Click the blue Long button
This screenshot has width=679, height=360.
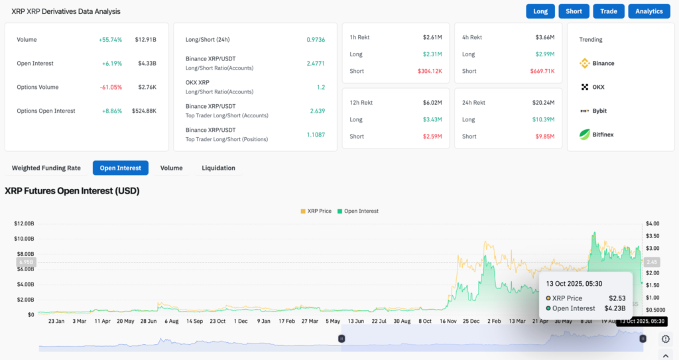pyautogui.click(x=540, y=11)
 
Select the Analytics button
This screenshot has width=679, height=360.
pyautogui.click(x=648, y=11)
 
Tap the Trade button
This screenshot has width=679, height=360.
pyautogui.click(x=609, y=11)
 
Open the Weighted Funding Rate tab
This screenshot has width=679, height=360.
pyautogui.click(x=46, y=168)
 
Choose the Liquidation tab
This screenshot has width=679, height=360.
pyautogui.click(x=218, y=168)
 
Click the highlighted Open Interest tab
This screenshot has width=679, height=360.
pyautogui.click(x=121, y=168)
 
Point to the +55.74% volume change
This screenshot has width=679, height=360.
pyautogui.click(x=110, y=40)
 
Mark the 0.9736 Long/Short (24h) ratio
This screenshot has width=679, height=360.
pyautogui.click(x=316, y=40)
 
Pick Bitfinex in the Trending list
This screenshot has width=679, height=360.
pyautogui.click(x=603, y=135)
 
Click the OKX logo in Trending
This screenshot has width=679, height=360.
pyautogui.click(x=585, y=87)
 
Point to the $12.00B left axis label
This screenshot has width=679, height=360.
pyautogui.click(x=24, y=223)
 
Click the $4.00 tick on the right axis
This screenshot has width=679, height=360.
pyautogui.click(x=652, y=223)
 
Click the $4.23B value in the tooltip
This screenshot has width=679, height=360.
pyautogui.click(x=615, y=308)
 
